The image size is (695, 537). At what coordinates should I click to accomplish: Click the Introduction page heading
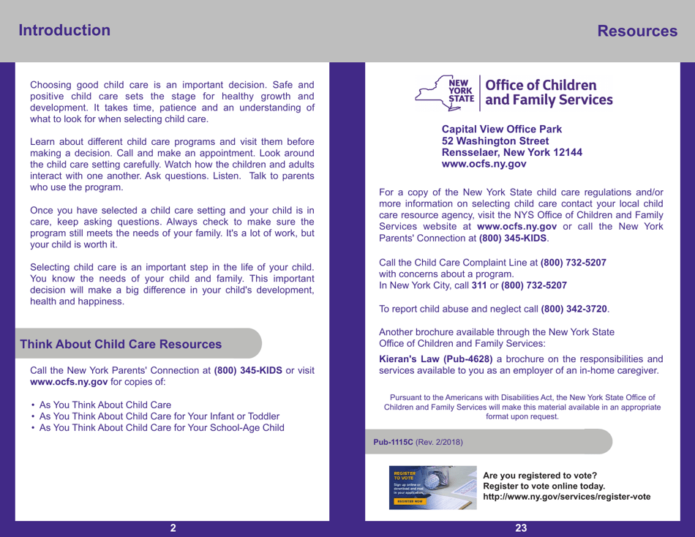[x=65, y=30]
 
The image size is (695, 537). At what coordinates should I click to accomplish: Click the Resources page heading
[x=636, y=31]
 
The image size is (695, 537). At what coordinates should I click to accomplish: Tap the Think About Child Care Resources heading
[x=121, y=344]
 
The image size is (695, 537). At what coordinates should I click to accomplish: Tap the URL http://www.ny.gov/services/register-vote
[x=571, y=497]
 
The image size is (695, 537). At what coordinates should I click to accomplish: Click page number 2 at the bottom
[x=173, y=528]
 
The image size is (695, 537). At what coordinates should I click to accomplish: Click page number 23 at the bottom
[x=521, y=528]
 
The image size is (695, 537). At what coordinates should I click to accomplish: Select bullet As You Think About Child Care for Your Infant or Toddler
[x=155, y=416]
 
